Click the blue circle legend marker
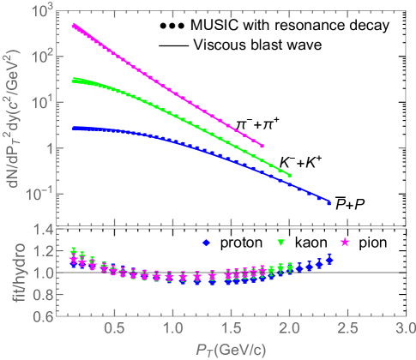(x=206, y=243)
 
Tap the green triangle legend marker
(x=280, y=243)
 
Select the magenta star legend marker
(x=345, y=243)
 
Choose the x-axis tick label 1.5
(x=230, y=329)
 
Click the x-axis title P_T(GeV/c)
(x=228, y=350)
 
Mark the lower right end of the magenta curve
(x=262, y=146)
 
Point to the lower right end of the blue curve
(x=329, y=203)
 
